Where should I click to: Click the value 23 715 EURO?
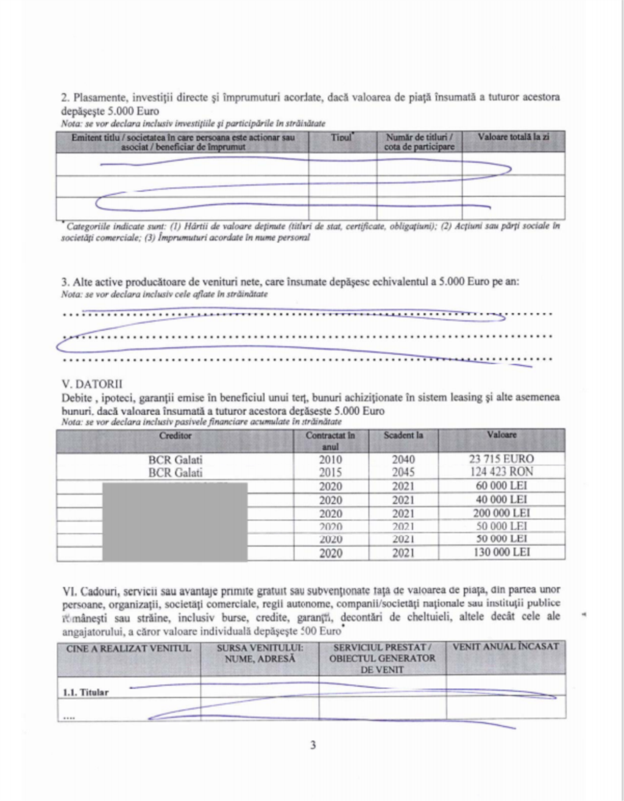tap(502, 459)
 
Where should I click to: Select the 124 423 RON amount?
tap(502, 472)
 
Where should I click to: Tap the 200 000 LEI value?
tap(502, 513)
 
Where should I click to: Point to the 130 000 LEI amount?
tap(502, 552)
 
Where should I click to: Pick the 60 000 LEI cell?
tap(502, 486)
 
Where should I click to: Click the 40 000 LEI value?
tap(502, 499)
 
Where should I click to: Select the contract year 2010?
tap(330, 460)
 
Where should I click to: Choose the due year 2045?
tap(403, 473)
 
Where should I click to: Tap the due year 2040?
tap(403, 460)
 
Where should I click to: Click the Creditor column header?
tap(175, 436)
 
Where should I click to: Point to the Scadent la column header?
tap(403, 436)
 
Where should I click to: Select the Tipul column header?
tap(342, 138)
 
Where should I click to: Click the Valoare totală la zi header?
tap(513, 138)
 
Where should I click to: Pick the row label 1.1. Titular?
tap(86, 692)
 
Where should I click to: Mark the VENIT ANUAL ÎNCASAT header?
tap(505, 647)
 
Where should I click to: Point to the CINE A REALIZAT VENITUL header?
tap(129, 648)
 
